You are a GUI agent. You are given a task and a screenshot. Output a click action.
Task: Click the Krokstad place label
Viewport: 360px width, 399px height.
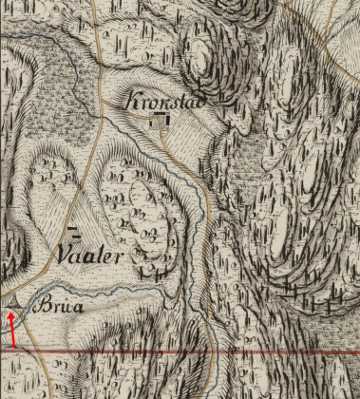point(166,100)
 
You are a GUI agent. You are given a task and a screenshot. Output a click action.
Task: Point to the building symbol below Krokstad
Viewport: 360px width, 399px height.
point(159,119)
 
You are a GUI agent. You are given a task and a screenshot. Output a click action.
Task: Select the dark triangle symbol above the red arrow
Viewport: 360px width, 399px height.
point(12,301)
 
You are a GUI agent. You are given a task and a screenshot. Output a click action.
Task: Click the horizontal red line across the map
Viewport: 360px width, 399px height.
point(190,351)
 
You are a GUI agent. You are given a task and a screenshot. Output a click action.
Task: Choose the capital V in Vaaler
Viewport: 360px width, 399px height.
point(64,256)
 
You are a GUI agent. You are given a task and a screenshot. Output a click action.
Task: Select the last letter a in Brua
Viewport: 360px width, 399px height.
point(78,309)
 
